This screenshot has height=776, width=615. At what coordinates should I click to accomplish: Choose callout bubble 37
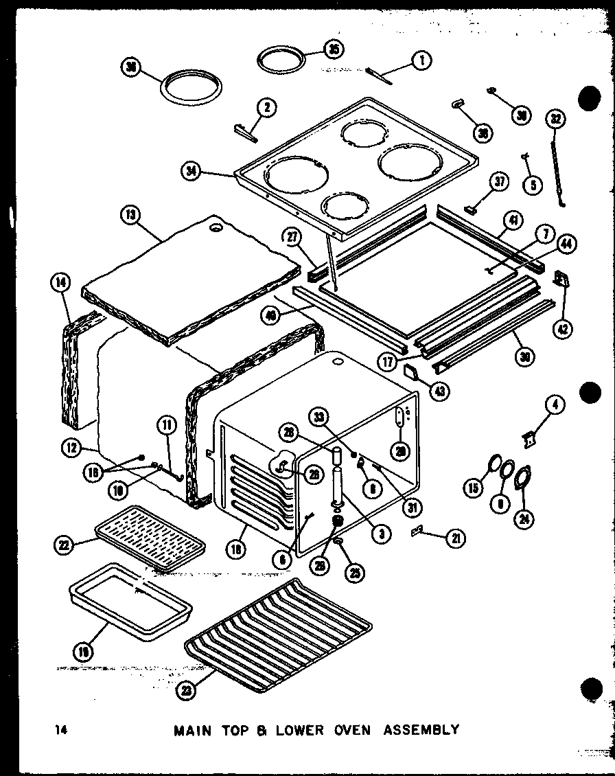point(498,181)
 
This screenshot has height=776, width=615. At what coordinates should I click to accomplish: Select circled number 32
point(555,118)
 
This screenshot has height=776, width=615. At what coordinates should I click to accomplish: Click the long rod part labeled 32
point(557,172)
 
